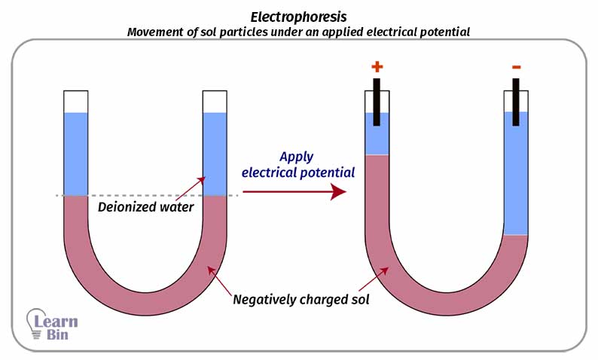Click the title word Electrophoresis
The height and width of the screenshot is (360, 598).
[298, 16]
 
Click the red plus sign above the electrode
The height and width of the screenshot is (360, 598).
[377, 67]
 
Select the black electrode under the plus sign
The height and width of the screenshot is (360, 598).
[377, 102]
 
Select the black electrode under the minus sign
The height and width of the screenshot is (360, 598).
[516, 102]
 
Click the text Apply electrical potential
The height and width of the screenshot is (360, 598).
[297, 165]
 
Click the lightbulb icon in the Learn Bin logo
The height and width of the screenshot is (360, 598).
[35, 322]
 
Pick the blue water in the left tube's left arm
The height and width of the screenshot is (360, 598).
[76, 154]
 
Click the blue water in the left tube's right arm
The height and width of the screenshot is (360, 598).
[215, 154]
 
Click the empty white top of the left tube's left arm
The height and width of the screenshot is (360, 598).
[76, 101]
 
